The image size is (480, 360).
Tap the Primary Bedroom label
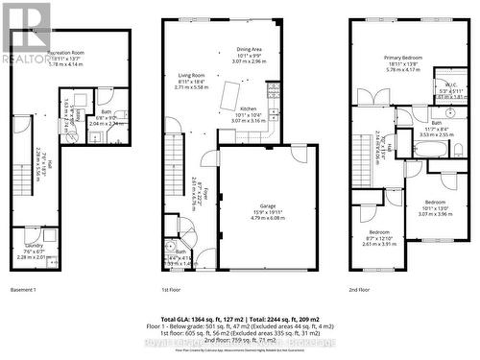pyautogui.click(x=405, y=58)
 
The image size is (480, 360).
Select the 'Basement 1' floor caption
pyautogui.click(x=22, y=289)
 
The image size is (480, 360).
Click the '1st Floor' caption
pyautogui.click(x=174, y=289)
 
